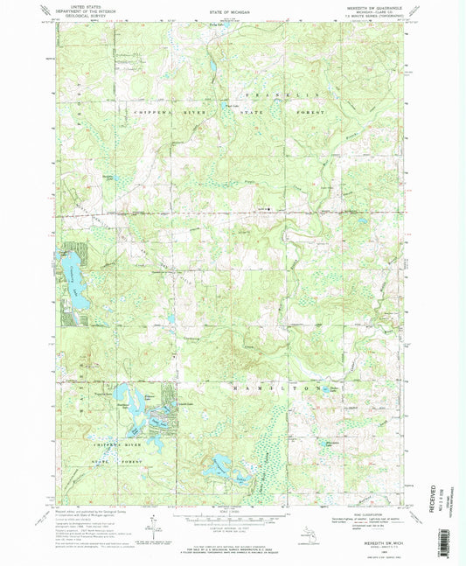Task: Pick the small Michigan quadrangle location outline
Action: coord(308,530)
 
